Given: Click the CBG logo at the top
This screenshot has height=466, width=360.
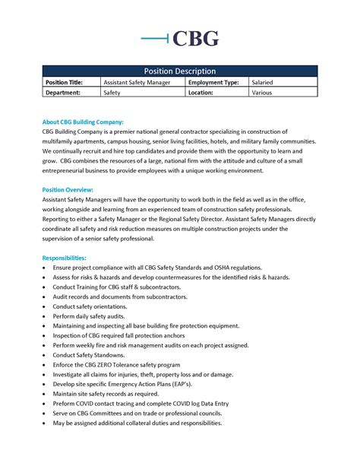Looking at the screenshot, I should pos(180,38).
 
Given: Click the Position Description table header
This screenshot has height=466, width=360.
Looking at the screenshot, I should pos(180,71).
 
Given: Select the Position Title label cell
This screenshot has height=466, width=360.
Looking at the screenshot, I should pos(68,81).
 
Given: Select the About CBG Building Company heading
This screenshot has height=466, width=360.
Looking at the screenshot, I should pos(83,122).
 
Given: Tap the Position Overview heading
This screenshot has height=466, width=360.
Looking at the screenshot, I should pos(68,189).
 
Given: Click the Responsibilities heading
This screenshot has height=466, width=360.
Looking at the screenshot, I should pos(65,258).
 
